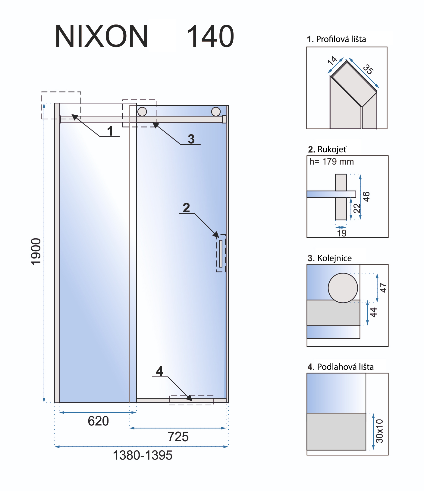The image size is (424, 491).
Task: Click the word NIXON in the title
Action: [x=102, y=36]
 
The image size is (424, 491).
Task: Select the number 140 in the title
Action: [x=210, y=36]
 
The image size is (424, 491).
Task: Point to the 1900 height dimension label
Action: [x=36, y=252]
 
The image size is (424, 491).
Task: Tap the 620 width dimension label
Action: [x=98, y=421]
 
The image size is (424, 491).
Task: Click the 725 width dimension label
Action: [x=178, y=437]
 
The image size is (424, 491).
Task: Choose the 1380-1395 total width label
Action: [x=143, y=455]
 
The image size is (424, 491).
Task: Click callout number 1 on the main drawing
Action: [x=110, y=131]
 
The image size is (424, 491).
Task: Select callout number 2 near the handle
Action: [x=186, y=207]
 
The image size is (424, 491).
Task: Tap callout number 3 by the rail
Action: [x=191, y=139]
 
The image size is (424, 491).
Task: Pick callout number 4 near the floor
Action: [x=159, y=371]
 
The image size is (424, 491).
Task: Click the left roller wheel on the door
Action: [x=142, y=112]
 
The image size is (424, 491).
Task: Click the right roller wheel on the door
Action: [x=216, y=112]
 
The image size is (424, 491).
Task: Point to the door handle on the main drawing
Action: [x=221, y=253]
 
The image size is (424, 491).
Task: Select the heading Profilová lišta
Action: [x=336, y=39]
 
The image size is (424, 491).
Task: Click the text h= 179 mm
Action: [x=331, y=162]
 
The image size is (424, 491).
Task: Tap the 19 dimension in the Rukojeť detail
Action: [x=342, y=233]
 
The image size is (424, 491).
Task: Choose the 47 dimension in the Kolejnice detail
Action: [x=383, y=287]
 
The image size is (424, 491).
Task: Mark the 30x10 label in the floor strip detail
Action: [x=380, y=431]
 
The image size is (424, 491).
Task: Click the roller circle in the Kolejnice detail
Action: [x=343, y=288]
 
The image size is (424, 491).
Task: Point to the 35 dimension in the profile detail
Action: [x=368, y=69]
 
